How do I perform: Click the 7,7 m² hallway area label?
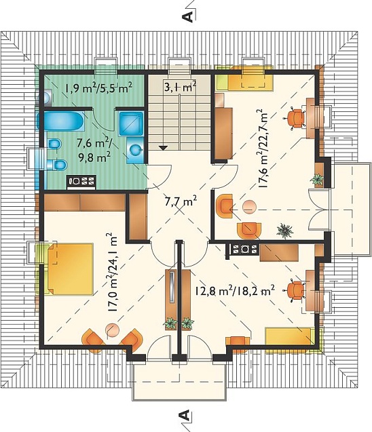click(181, 201)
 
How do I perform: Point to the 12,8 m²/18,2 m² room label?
click(235, 290)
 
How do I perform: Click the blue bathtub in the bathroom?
click(60, 121)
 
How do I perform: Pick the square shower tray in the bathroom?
click(132, 123)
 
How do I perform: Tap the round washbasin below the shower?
click(136, 151)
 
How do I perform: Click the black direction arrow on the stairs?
click(164, 147)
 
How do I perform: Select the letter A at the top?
click(188, 16)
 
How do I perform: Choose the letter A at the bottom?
click(185, 415)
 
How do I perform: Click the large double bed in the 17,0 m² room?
click(70, 269)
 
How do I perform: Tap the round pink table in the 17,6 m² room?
click(250, 206)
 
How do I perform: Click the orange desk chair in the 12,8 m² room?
click(295, 290)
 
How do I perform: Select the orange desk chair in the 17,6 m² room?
click(295, 118)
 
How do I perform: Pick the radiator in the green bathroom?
click(81, 182)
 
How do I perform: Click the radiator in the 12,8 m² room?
click(242, 250)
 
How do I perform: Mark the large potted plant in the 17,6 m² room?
click(284, 231)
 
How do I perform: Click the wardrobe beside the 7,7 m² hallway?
click(137, 216)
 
